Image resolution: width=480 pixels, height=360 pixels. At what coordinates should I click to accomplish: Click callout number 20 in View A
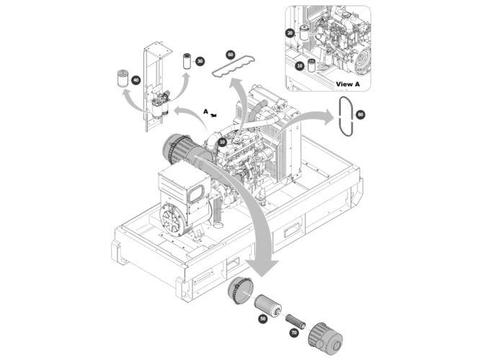tap(290, 32)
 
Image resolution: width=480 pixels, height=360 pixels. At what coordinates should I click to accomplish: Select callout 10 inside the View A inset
tap(299, 66)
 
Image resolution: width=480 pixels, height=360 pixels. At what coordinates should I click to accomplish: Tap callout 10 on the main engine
tap(222, 141)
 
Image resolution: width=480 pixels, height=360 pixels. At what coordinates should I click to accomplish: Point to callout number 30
tap(200, 61)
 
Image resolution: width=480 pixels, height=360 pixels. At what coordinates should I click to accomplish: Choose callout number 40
tap(135, 80)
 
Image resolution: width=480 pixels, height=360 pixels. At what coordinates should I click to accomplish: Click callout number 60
tap(231, 55)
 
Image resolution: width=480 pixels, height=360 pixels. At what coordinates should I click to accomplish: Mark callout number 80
tap(360, 115)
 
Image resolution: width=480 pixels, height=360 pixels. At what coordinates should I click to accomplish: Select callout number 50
tap(262, 319)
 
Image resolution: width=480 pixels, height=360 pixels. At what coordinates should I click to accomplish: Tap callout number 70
tap(294, 333)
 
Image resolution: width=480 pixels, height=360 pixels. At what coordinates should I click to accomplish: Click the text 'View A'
tap(348, 84)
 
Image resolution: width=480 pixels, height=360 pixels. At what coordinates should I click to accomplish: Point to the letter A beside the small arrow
tap(205, 112)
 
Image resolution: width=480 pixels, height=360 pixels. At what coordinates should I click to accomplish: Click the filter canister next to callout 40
tap(123, 79)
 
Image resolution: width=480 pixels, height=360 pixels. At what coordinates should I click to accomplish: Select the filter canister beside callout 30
tap(187, 61)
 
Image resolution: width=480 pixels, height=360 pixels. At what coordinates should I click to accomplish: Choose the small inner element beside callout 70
tap(295, 321)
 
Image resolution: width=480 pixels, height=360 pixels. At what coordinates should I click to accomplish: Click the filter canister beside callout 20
tap(305, 32)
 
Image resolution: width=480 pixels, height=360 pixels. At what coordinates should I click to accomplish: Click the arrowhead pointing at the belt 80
tap(328, 117)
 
